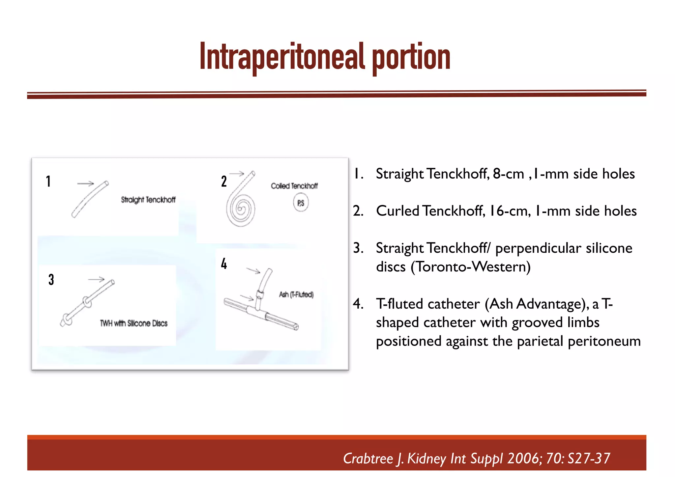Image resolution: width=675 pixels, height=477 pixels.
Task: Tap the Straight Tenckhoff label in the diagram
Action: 148,200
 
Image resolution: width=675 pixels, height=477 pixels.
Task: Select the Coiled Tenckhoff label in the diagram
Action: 294,186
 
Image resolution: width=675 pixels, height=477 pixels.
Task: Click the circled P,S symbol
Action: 301,203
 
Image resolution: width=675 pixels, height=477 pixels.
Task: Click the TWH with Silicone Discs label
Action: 133,323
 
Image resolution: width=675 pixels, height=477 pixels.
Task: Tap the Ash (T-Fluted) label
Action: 296,295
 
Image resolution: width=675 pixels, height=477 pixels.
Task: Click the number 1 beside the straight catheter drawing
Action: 48,182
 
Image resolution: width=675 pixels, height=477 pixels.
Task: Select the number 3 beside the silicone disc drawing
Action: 51,280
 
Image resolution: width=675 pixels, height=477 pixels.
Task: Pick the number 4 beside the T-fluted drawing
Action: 224,264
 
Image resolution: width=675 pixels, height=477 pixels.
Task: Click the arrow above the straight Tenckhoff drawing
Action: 85,183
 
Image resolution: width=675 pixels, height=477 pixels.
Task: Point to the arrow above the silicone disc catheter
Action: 96,280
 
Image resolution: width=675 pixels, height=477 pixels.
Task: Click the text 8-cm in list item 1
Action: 508,174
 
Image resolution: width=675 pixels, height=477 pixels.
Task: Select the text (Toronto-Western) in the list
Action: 470,267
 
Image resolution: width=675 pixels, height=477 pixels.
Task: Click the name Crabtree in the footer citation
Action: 368,458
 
